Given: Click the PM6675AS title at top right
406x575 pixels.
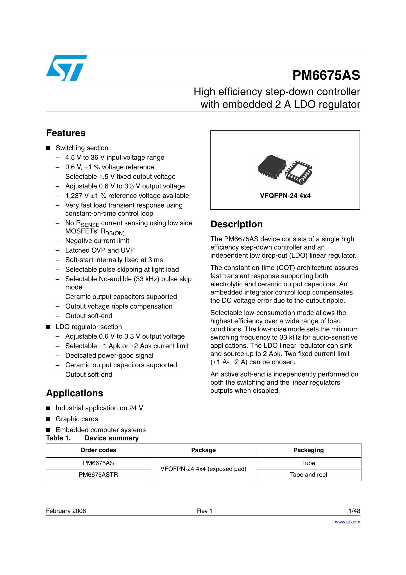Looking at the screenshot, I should (x=326, y=75).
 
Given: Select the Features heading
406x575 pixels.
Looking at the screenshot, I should (x=66, y=133).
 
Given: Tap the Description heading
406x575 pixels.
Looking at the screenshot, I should (x=236, y=224).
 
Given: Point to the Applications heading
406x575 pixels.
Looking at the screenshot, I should (x=75, y=393).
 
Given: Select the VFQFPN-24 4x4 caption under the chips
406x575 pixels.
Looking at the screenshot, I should (x=285, y=196).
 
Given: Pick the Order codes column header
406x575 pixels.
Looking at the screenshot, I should (x=98, y=450).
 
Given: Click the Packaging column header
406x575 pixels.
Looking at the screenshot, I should (x=308, y=450).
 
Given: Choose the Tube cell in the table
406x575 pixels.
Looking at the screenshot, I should (x=308, y=463).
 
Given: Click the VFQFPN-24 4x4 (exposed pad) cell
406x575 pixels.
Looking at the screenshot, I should (x=203, y=469).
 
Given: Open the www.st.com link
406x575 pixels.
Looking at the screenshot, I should (x=347, y=522).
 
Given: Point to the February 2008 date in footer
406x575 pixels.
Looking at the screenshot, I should (x=66, y=511).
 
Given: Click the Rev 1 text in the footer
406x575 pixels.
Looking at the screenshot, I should (x=204, y=511).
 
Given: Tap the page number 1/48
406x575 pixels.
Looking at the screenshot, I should (x=354, y=511).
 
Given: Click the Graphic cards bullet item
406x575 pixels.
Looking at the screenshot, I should (x=77, y=419).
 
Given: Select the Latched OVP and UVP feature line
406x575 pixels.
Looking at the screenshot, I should (x=100, y=250).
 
